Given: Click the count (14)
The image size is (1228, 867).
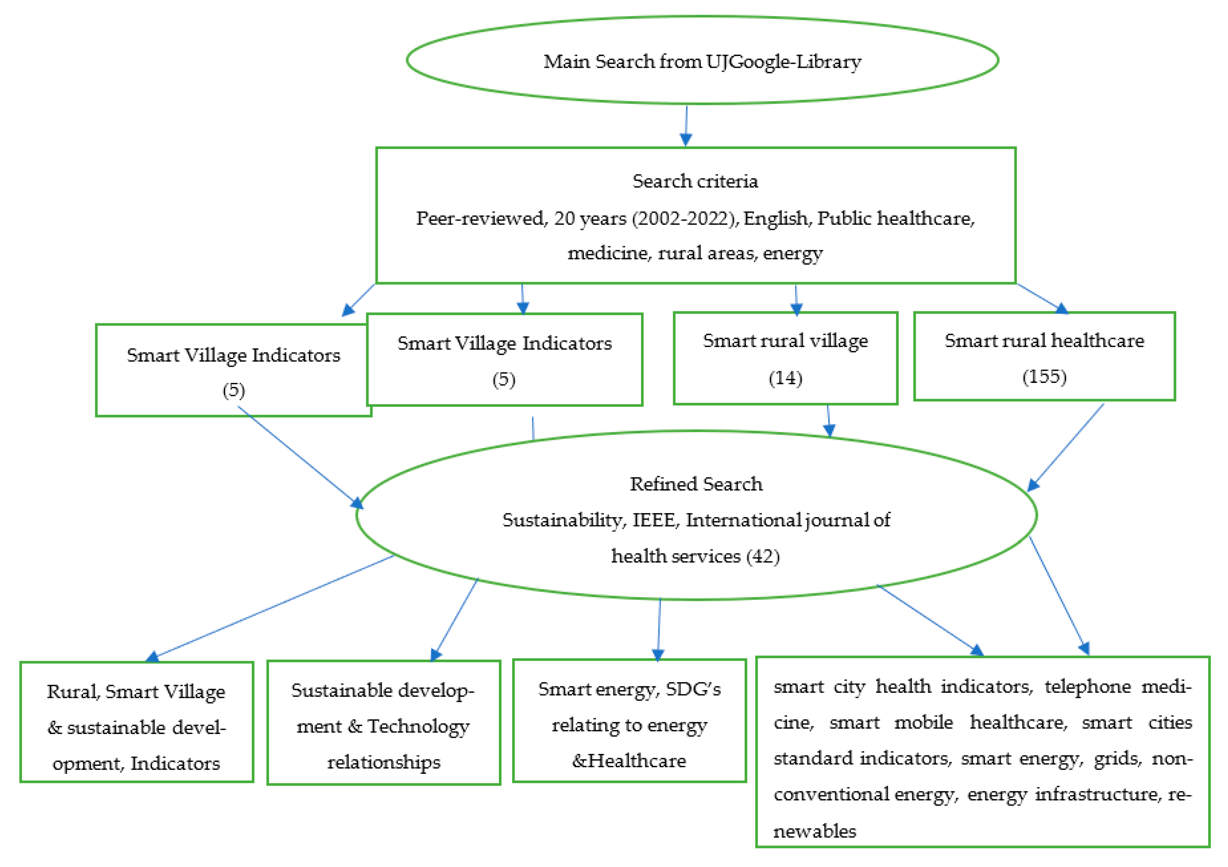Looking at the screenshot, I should pos(785,378).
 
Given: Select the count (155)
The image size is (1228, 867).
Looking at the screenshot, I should pos(1044,376).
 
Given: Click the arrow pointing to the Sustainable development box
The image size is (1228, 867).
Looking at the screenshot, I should pos(455,620).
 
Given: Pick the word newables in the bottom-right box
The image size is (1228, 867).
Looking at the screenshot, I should pos(814,831).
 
